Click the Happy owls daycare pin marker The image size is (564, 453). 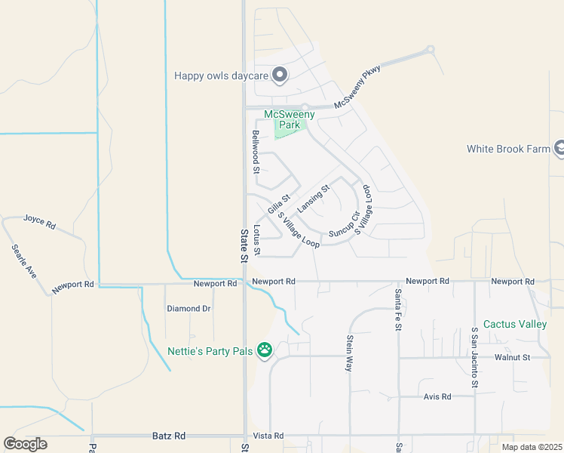pos(280,74)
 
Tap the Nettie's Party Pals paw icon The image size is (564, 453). pos(265,350)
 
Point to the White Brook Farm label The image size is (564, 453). pos(508,149)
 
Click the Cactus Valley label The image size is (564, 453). pos(514,324)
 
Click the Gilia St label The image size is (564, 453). pos(279,203)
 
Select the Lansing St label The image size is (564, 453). pos(314,199)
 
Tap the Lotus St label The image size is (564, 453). pos(257,239)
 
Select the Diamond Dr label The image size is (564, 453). pos(189,309)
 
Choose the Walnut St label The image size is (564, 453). pos(513,357)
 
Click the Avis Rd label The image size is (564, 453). pos(437,396)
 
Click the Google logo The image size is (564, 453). pos(25,443)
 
